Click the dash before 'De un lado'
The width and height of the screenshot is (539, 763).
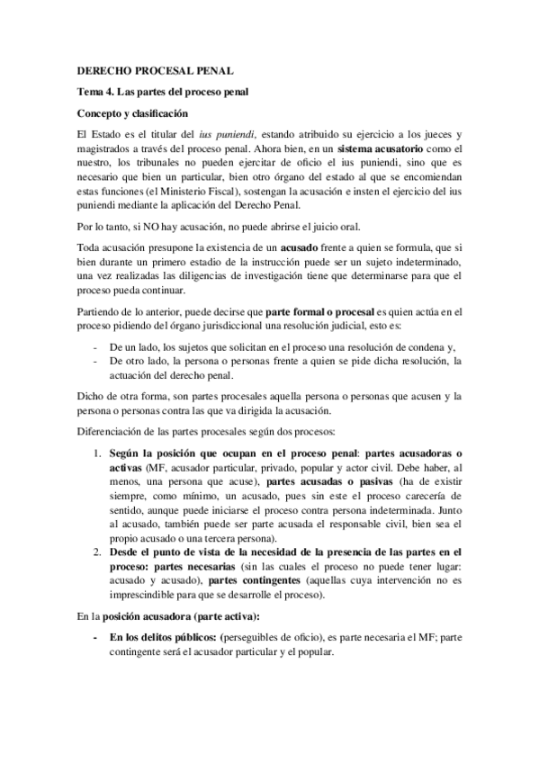click(x=96, y=346)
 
